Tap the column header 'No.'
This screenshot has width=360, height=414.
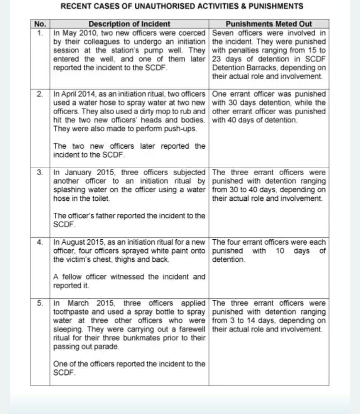point(40,24)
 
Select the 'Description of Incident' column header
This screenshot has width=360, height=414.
point(129,24)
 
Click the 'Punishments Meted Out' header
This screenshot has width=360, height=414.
point(269,24)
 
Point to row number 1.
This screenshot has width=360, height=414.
point(40,33)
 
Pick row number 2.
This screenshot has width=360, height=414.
point(40,94)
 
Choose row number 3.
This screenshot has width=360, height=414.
point(40,172)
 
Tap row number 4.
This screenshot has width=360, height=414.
point(40,242)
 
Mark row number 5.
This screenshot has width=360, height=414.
point(40,303)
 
